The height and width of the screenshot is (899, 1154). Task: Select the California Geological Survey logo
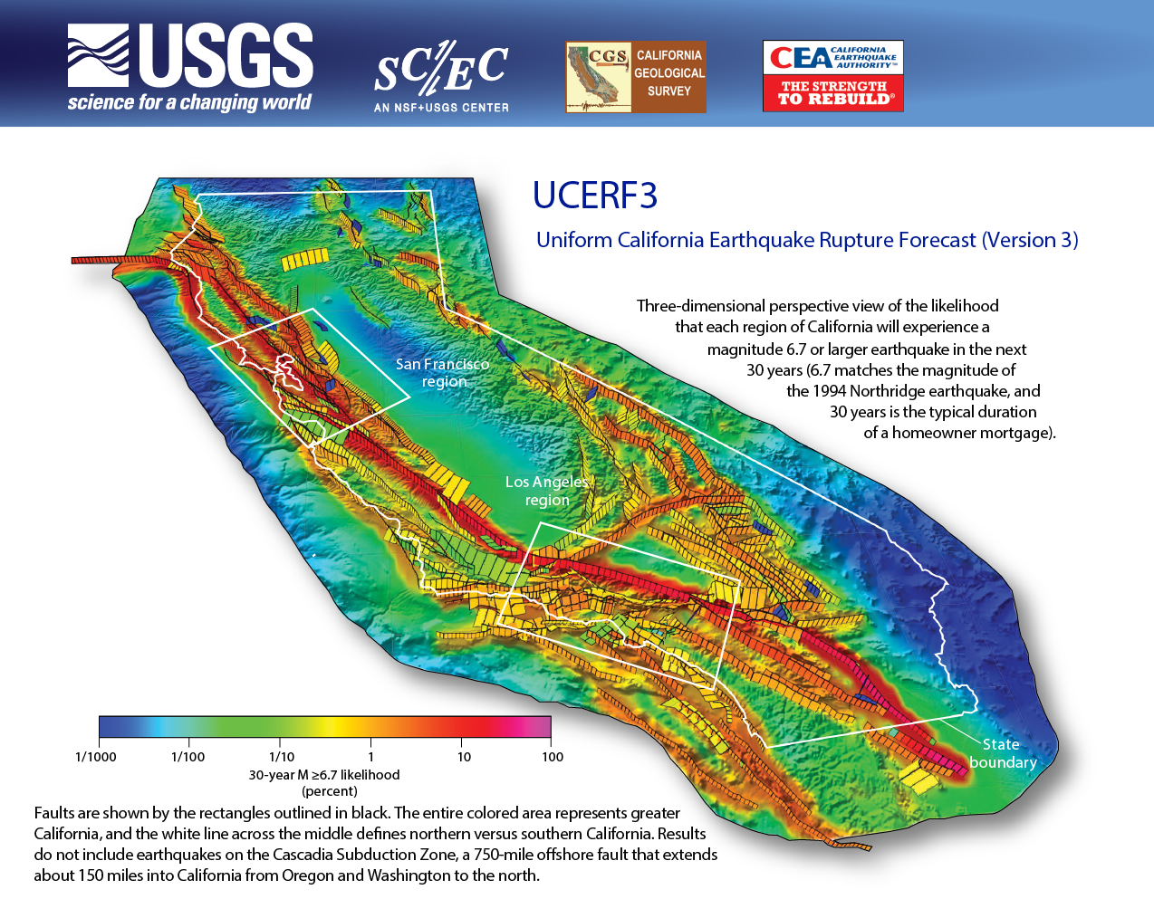635,77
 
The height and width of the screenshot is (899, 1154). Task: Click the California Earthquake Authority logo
832,76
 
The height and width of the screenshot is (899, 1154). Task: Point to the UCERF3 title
594,196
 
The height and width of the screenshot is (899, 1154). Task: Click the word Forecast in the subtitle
932,240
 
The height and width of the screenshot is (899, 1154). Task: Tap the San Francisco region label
442,372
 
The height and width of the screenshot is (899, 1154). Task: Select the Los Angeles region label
547,491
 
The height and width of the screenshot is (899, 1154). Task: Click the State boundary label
1002,753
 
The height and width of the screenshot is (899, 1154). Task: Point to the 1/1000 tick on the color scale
96,757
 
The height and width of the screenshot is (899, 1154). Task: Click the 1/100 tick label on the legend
188,757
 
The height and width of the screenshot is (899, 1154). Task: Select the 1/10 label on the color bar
282,757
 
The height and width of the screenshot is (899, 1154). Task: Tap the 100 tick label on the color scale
553,757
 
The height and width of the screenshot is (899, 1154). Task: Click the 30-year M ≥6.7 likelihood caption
324,775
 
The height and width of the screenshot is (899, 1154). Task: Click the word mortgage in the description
1017,433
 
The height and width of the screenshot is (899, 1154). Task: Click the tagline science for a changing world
189,102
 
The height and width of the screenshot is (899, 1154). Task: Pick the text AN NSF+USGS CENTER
441,108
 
